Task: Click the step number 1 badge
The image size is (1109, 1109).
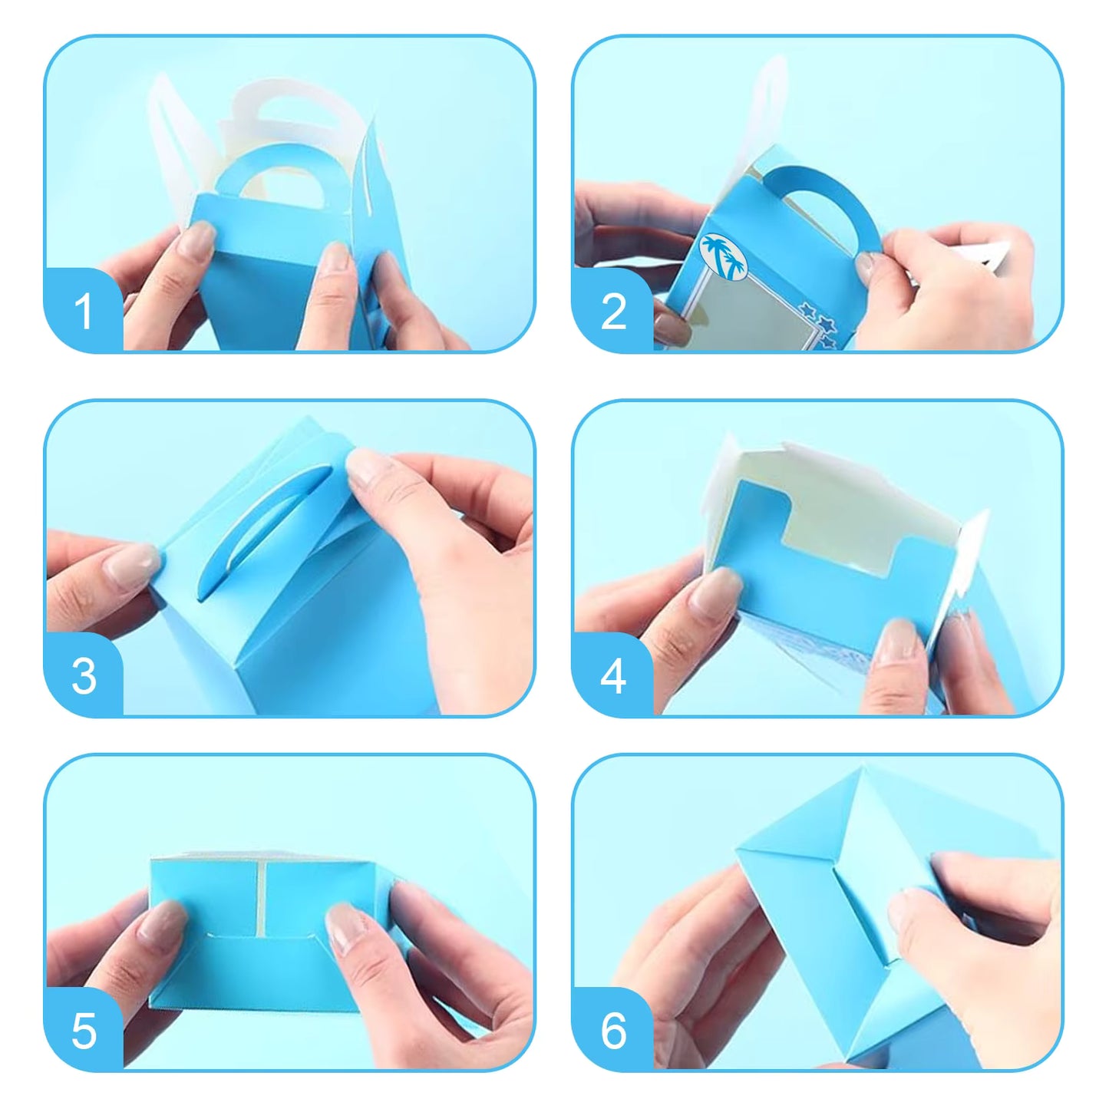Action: click(x=83, y=312)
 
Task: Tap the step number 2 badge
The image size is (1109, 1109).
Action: click(x=612, y=312)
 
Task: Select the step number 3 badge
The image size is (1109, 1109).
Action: click(x=83, y=676)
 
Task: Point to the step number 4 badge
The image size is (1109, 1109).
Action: click(x=612, y=676)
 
